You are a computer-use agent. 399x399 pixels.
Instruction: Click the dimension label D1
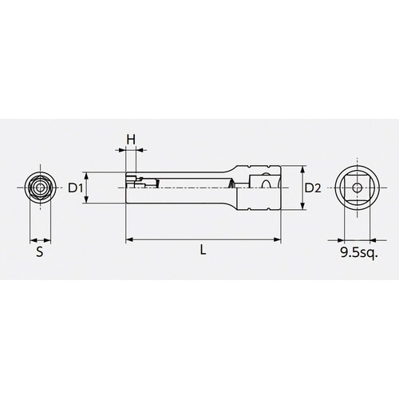[75, 188]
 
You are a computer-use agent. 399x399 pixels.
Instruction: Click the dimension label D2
[313, 188]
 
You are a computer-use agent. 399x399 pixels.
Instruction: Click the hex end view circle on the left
[39, 188]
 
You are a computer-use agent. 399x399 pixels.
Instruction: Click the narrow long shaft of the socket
[184, 188]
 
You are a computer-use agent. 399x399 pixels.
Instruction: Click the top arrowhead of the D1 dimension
[88, 176]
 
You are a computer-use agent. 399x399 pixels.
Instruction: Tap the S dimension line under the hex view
[39, 239]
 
